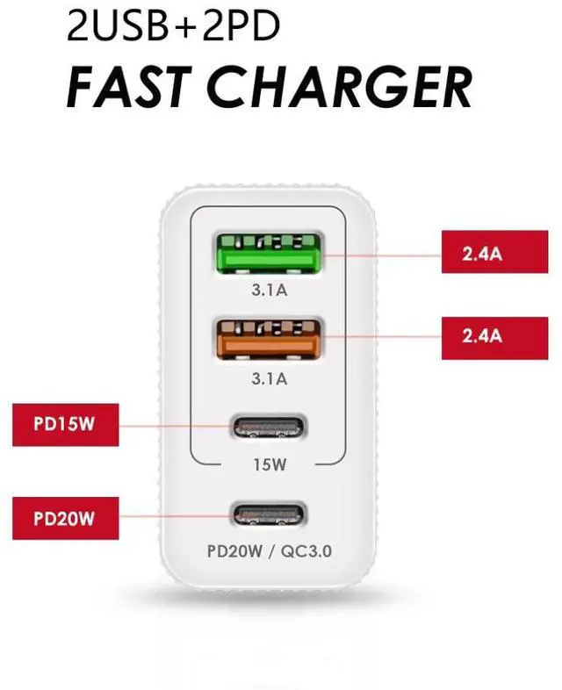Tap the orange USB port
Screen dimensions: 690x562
[269, 340]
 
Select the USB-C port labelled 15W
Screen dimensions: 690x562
[269, 428]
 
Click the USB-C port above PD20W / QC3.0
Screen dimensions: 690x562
[269, 514]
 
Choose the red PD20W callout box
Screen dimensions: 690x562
[64, 518]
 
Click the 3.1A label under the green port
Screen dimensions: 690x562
[269, 292]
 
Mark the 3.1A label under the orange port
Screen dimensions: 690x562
[269, 379]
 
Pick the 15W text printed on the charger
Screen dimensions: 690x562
[269, 464]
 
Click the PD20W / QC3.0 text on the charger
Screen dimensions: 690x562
[269, 552]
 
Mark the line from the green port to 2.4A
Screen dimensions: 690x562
[386, 255]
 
